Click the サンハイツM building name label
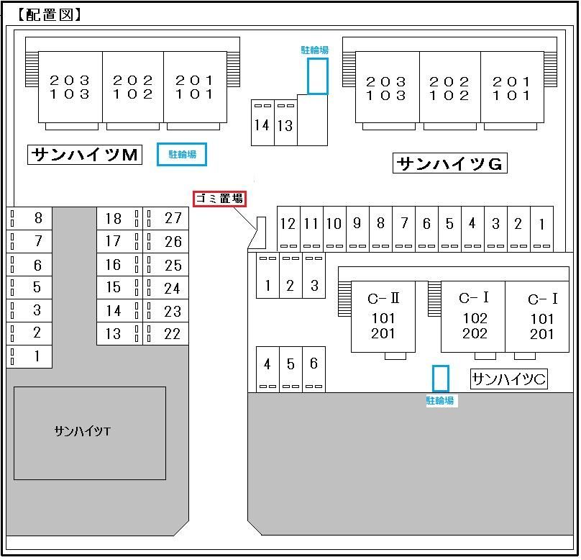(85, 155)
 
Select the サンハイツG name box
(450, 163)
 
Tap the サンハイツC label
(509, 379)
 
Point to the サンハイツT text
(82, 431)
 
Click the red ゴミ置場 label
(219, 199)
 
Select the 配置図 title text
(50, 15)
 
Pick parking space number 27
(166, 218)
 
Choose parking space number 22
(166, 334)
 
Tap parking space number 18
(119, 218)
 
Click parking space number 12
(288, 229)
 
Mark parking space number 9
(357, 229)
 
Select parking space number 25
(166, 265)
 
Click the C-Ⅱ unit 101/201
(383, 316)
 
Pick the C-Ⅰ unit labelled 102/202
(473, 316)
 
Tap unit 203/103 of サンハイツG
(387, 87)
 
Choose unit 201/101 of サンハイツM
(195, 87)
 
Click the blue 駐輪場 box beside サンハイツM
(182, 154)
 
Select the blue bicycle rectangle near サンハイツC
(441, 379)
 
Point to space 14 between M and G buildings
(262, 122)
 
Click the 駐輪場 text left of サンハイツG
(314, 50)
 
